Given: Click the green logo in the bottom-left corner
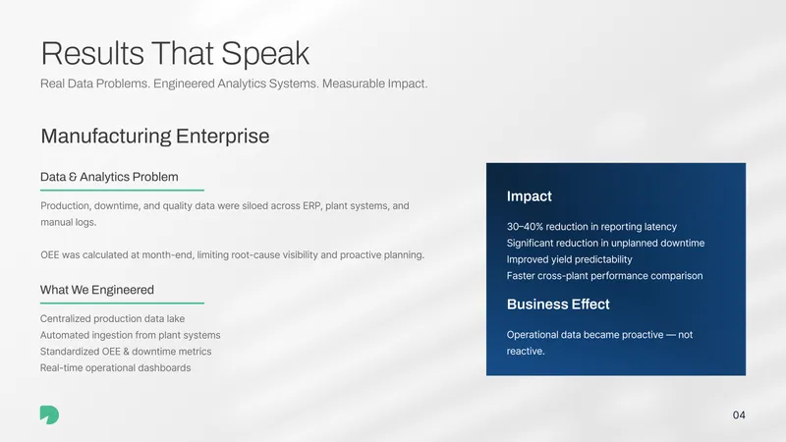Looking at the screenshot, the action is coord(50,414).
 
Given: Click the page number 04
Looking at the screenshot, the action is coord(739,414).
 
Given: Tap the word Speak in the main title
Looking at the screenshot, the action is coord(265,54).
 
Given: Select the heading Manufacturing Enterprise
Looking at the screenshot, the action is coord(155,136).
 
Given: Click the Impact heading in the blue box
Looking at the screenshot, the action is coord(529,195).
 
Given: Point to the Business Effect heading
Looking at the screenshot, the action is coord(558,304).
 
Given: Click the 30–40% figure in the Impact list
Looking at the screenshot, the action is coord(525,227).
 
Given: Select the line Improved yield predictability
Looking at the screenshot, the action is coord(569,259).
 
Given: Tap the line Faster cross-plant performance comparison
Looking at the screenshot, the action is coord(604,276).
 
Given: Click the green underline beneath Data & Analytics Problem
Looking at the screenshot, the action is coord(122,190).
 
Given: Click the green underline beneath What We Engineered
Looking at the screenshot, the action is coord(122,303).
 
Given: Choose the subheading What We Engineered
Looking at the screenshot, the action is coord(96,290).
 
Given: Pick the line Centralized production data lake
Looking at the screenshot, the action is coord(112,318).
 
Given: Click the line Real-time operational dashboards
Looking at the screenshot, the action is coord(115,367).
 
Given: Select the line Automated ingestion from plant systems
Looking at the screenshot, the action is coord(131,335).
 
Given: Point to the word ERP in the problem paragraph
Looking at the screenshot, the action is coord(311,206).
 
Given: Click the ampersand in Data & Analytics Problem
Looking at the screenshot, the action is coord(73,177).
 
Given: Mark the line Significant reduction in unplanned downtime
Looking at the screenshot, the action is coord(605,243).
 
